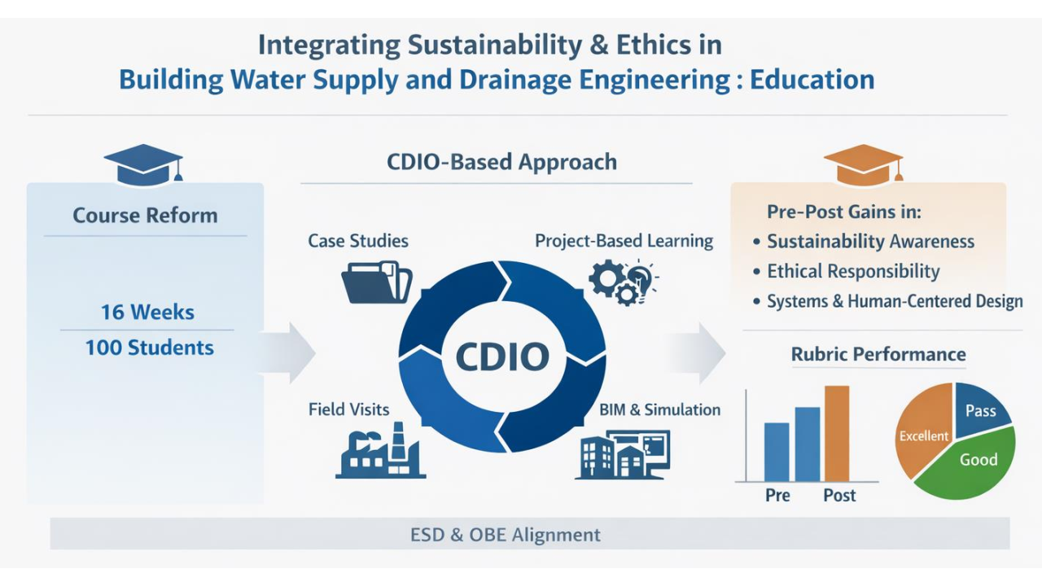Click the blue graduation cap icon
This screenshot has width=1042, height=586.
click(143, 164)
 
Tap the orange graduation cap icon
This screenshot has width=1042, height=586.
click(864, 164)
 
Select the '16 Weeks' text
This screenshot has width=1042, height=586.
click(147, 312)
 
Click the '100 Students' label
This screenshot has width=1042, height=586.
click(149, 348)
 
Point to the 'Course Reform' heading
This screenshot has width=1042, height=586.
click(145, 216)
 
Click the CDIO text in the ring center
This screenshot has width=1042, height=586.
click(502, 356)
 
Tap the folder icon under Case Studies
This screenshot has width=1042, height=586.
click(377, 282)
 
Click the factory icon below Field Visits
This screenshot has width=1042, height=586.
click(380, 450)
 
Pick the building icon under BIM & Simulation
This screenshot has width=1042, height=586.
click(624, 455)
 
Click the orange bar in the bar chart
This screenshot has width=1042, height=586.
click(837, 434)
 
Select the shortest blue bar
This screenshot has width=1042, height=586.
click(777, 452)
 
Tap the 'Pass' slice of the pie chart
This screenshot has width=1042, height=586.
click(979, 409)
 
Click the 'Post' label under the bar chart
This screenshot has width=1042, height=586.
click(839, 496)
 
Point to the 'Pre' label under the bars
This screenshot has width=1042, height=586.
click(777, 496)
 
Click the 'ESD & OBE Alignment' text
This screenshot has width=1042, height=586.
click(506, 535)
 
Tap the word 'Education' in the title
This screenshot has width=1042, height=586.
click(812, 80)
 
